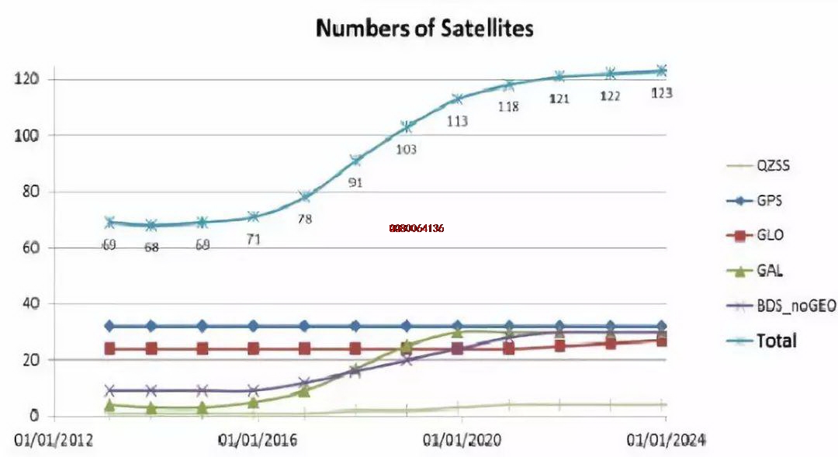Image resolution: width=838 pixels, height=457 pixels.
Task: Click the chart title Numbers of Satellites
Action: [x=424, y=29]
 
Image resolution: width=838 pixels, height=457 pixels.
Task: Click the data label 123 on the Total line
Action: [x=661, y=93]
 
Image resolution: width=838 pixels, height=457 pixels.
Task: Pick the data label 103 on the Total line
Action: [x=405, y=149]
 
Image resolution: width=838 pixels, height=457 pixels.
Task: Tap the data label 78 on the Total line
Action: [x=304, y=219]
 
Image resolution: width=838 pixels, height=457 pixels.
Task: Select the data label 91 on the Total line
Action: [x=355, y=183]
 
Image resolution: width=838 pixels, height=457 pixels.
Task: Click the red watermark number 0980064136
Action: [x=417, y=228]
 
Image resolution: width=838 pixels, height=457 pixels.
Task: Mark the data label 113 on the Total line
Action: [x=457, y=121]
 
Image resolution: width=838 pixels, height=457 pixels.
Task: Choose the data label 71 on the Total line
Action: [x=253, y=239]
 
